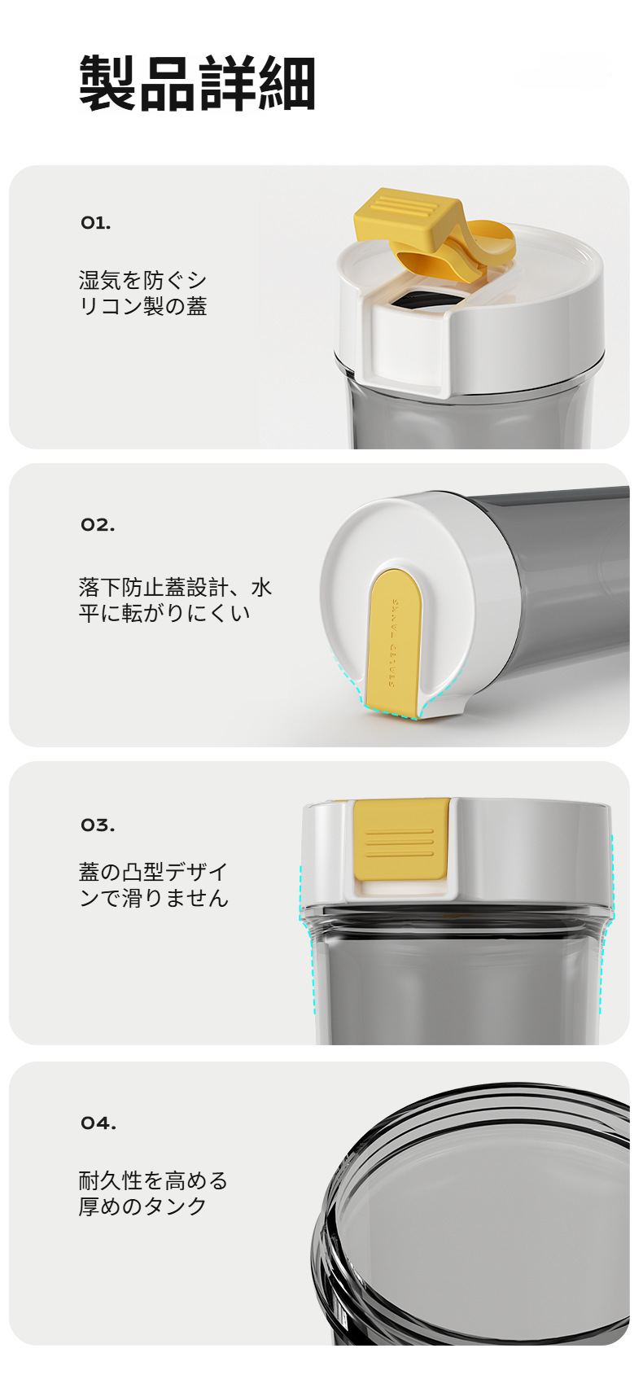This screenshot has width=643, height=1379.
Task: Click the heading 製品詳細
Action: (197, 84)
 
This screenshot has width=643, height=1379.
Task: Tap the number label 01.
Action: (95, 223)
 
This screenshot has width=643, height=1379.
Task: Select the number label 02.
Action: (98, 525)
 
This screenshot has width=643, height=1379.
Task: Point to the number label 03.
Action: (98, 825)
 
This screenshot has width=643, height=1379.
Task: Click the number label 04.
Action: (98, 1123)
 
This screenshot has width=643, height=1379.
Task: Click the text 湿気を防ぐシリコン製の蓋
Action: (143, 294)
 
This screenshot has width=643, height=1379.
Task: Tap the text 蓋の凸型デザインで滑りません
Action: (154, 885)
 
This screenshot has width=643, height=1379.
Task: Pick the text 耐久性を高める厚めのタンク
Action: (153, 1193)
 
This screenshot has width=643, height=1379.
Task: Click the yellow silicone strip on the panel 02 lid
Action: (395, 643)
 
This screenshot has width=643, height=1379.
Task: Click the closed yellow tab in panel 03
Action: (400, 842)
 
